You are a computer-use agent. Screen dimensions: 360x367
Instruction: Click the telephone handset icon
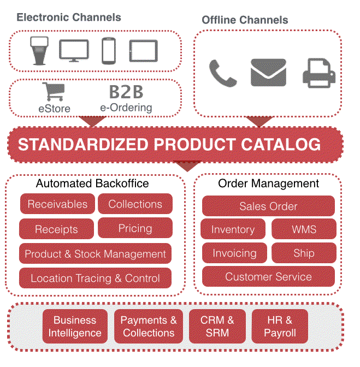click(x=222, y=74)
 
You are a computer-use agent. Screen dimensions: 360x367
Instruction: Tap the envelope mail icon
click(x=268, y=72)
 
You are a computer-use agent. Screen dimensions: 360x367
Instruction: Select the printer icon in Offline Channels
click(x=319, y=73)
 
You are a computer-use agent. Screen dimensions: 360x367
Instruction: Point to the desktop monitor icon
click(x=74, y=51)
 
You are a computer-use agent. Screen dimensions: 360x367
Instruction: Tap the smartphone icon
click(x=109, y=51)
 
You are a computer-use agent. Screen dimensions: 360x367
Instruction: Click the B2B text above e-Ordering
click(x=126, y=92)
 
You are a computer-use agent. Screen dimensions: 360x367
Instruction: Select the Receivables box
click(x=57, y=204)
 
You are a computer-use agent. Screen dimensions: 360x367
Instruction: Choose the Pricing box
click(x=135, y=228)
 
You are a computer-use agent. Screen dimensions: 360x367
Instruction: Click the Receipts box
click(x=56, y=229)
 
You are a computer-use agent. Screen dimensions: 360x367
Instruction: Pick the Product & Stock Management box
click(x=95, y=253)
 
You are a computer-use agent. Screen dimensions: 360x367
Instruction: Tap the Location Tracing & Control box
click(x=95, y=278)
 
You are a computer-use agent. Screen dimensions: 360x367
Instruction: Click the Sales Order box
click(x=268, y=206)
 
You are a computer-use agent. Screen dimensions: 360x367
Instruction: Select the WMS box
click(x=304, y=229)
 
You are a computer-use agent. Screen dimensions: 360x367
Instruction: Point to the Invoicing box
click(x=234, y=253)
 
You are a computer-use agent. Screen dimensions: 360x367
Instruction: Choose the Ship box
click(x=304, y=253)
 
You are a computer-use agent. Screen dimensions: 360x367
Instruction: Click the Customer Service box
click(x=268, y=276)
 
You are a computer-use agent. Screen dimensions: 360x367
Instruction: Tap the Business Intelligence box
click(x=75, y=326)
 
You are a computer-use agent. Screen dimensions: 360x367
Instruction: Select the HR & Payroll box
click(x=280, y=326)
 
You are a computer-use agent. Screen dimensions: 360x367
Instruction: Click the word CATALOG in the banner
click(x=281, y=144)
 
